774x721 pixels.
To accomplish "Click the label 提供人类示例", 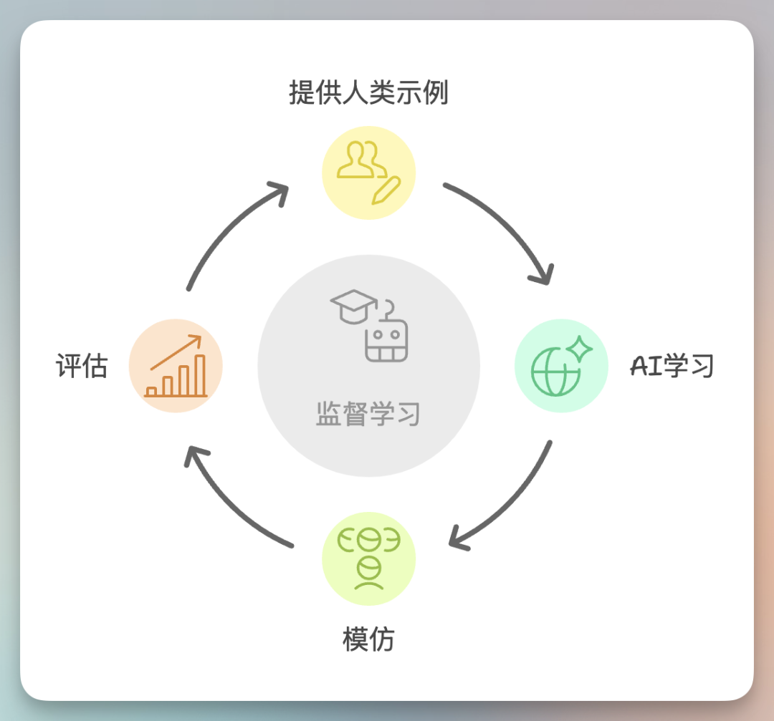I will [x=368, y=93].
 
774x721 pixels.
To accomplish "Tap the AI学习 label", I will [x=672, y=366].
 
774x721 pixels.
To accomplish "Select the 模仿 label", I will [x=368, y=639].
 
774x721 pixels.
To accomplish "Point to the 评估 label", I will [x=82, y=366].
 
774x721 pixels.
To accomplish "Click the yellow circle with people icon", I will [x=368, y=173].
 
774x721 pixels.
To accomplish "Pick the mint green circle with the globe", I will [x=561, y=366].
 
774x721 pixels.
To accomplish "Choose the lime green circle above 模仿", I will [x=368, y=559].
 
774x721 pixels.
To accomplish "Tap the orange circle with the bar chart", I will [x=176, y=366].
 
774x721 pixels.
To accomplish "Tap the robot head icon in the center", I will [x=386, y=338].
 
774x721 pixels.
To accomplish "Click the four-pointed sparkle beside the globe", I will [x=579, y=349].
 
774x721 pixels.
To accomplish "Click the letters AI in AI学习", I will [x=646, y=366].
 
